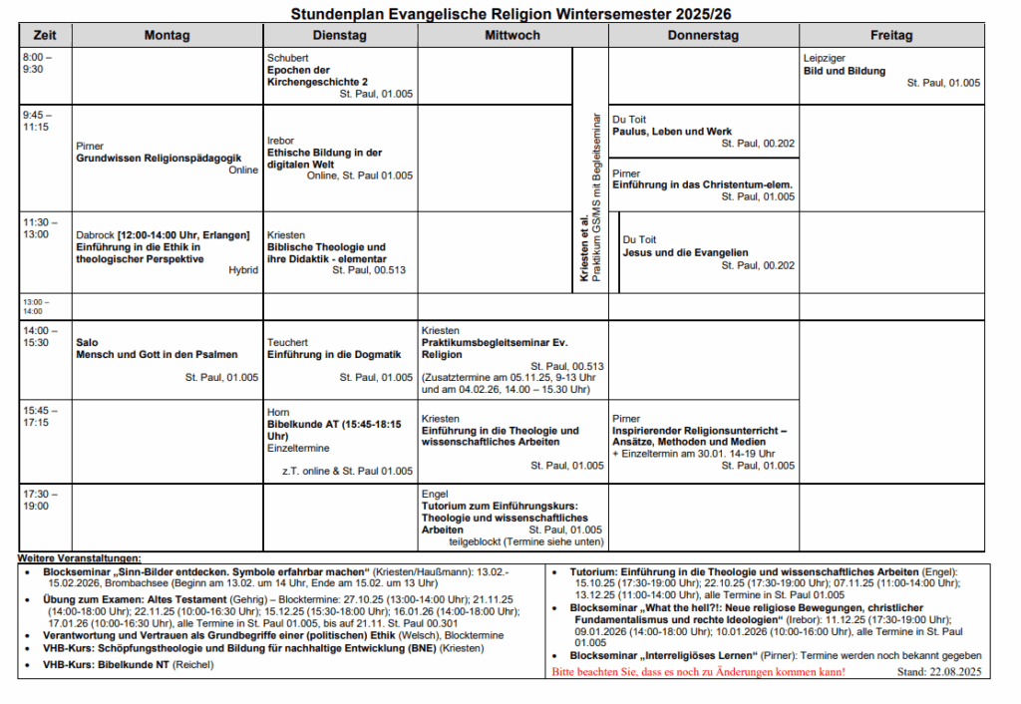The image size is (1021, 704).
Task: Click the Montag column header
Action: (167, 35)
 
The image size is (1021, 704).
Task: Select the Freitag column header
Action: (890, 35)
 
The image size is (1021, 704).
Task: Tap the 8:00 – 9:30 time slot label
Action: (37, 64)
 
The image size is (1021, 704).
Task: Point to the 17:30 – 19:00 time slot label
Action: (37, 500)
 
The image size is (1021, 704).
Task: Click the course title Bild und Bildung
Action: (844, 71)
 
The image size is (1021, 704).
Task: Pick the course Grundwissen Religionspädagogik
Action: (159, 158)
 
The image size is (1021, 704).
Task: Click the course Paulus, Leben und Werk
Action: (672, 132)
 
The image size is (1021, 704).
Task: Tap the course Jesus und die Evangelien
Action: (685, 252)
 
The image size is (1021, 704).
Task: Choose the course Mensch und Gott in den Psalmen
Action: (157, 354)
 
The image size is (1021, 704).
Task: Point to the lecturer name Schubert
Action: (288, 58)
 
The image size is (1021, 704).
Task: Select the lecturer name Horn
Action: (278, 412)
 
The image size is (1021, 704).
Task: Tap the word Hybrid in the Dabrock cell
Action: (242, 270)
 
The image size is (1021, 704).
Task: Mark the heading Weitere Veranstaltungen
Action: (80, 556)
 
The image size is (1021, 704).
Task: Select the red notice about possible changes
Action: (698, 673)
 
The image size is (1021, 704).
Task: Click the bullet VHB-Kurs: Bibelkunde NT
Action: (118, 664)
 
